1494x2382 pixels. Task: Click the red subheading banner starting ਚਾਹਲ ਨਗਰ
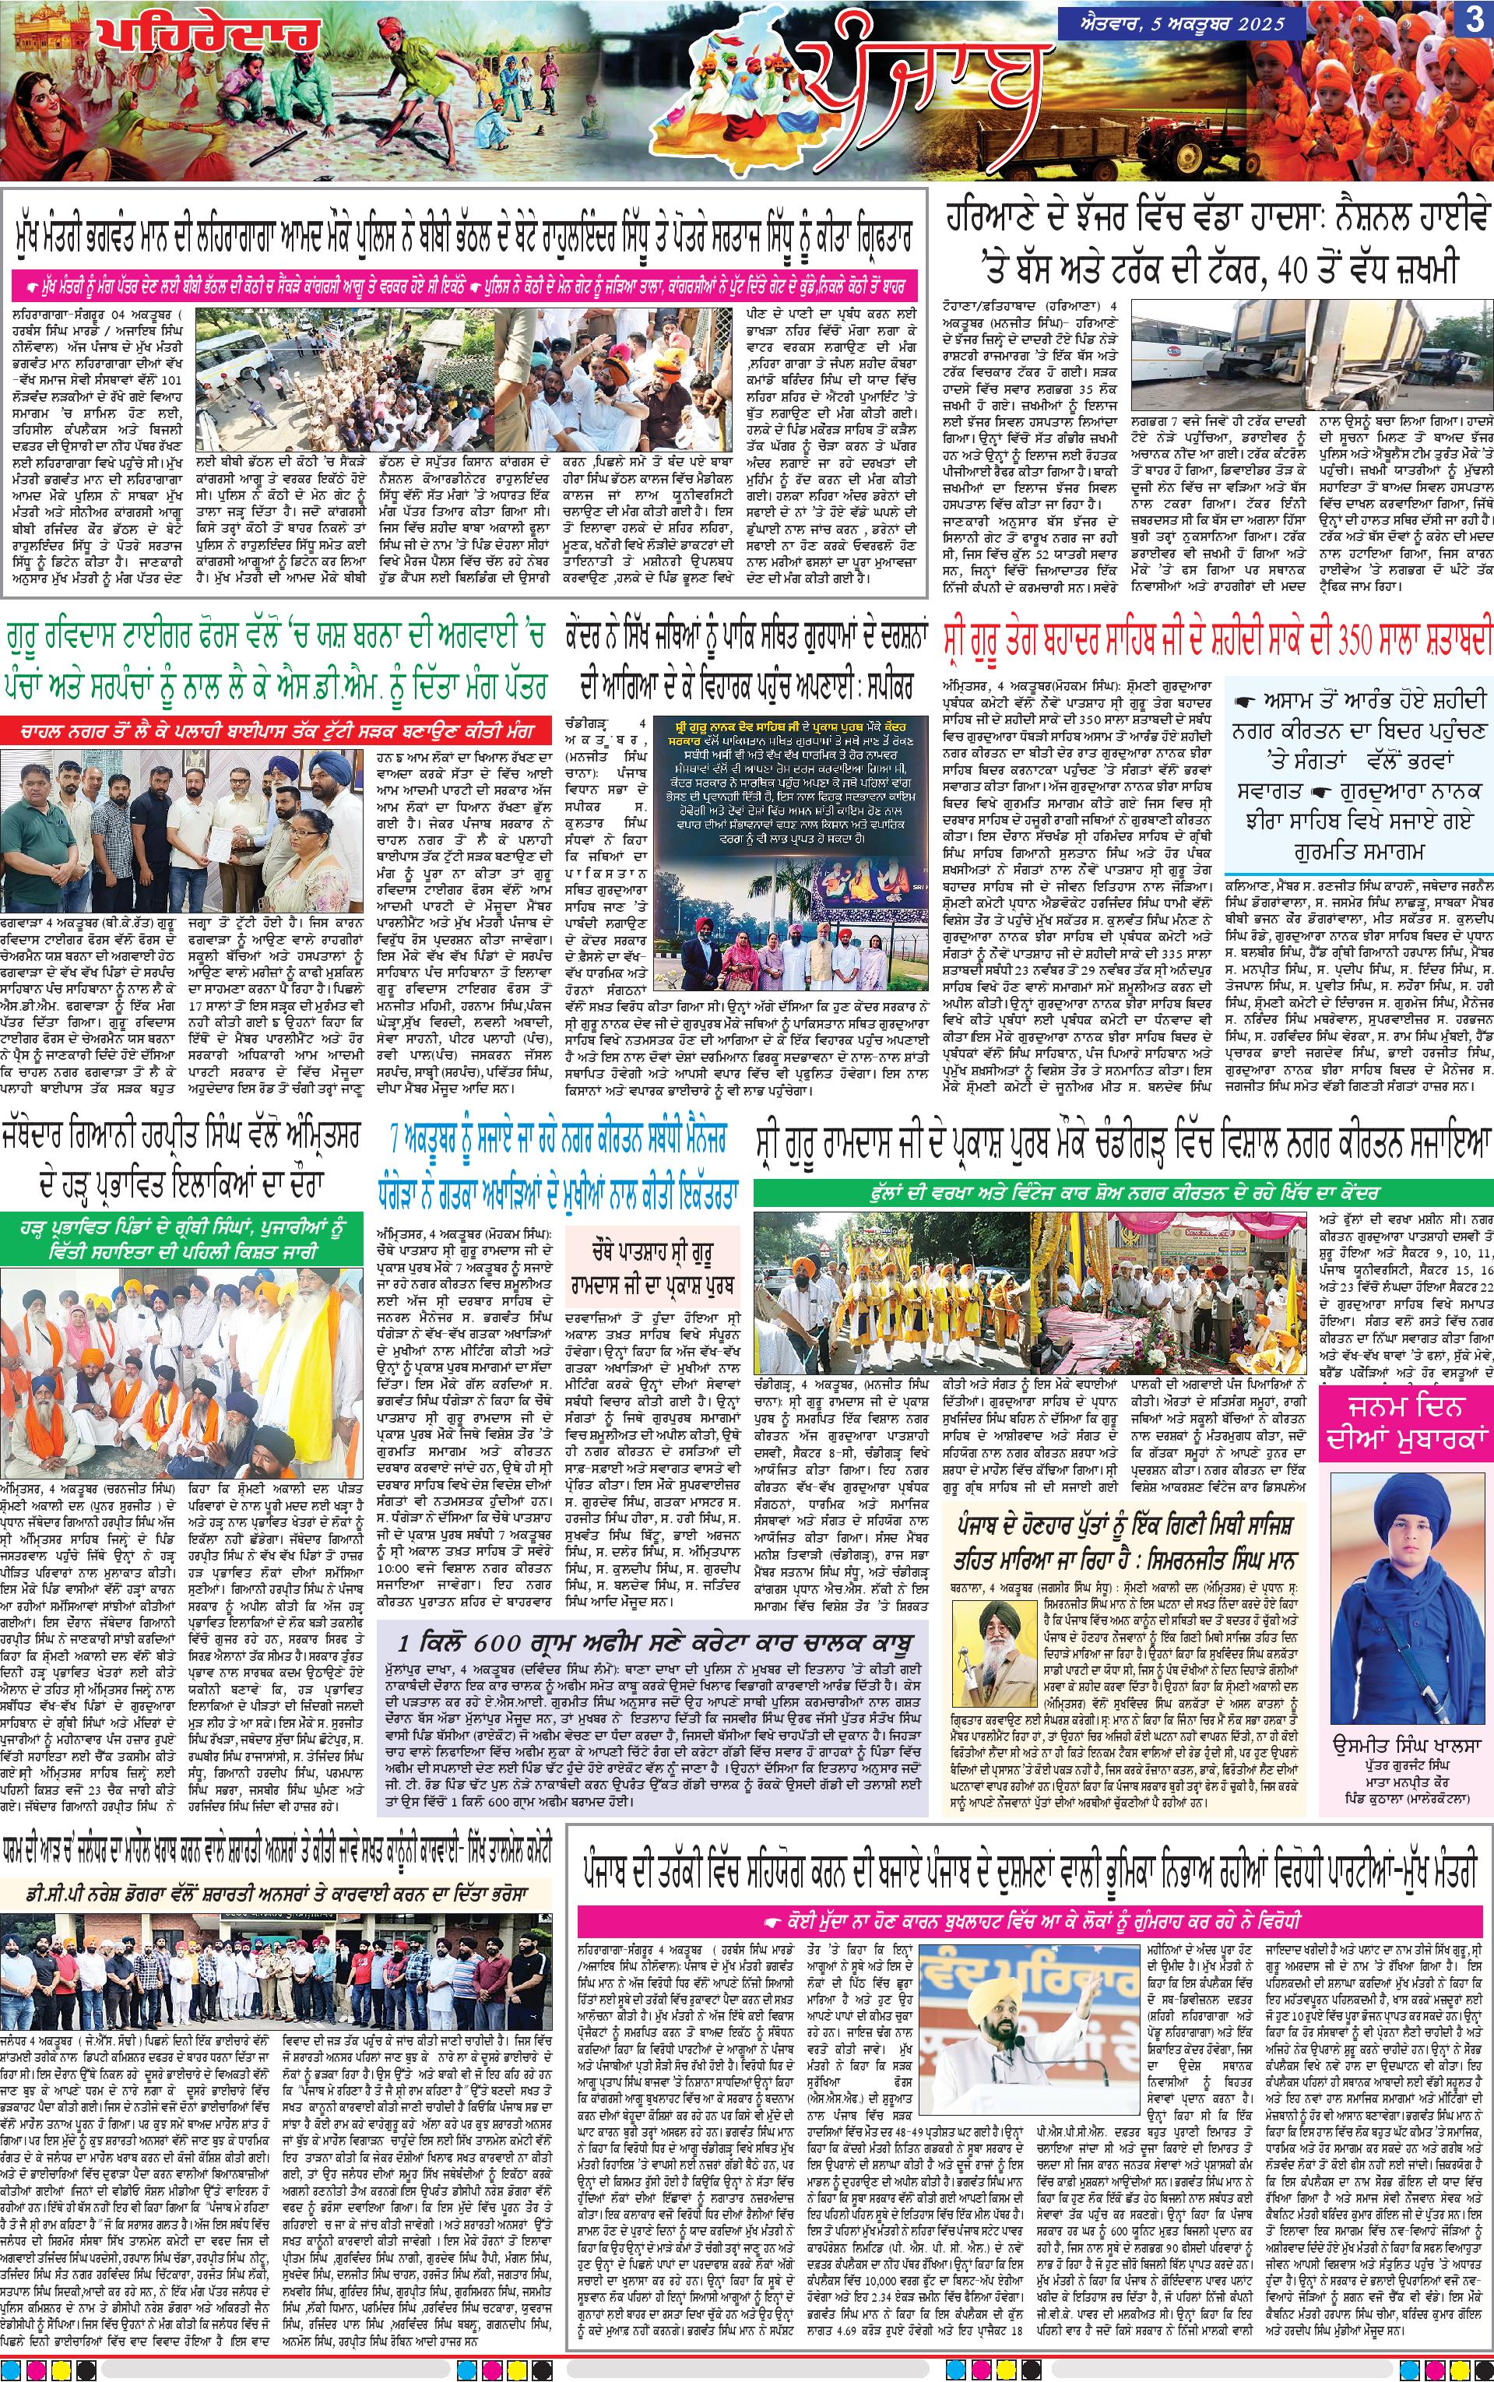click(268, 732)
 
